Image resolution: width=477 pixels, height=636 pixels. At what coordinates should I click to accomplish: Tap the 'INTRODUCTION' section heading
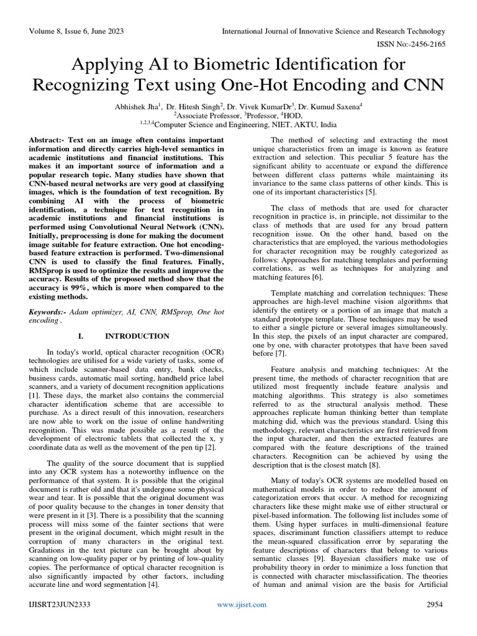tap(137, 336)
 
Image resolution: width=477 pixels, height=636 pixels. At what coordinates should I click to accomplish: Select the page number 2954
tap(437, 604)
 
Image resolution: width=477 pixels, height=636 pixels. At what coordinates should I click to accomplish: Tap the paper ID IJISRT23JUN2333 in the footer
tap(63, 604)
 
